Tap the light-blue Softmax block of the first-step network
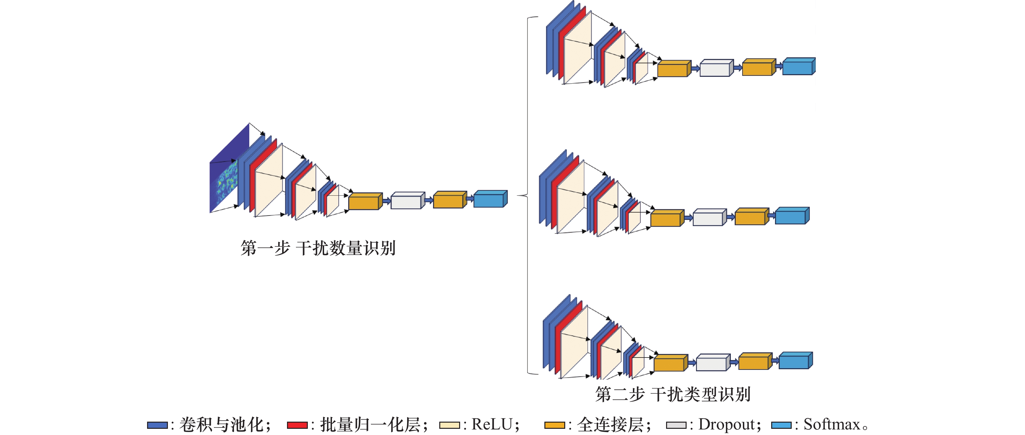(489, 200)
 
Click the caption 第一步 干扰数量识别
(318, 248)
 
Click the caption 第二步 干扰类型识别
(673, 394)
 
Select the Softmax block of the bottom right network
(794, 361)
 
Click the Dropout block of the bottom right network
(711, 363)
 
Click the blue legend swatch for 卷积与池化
(157, 425)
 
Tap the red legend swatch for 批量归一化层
(297, 425)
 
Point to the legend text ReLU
(492, 425)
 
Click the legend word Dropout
(727, 425)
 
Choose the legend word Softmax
(832, 425)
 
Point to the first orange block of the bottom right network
(669, 364)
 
